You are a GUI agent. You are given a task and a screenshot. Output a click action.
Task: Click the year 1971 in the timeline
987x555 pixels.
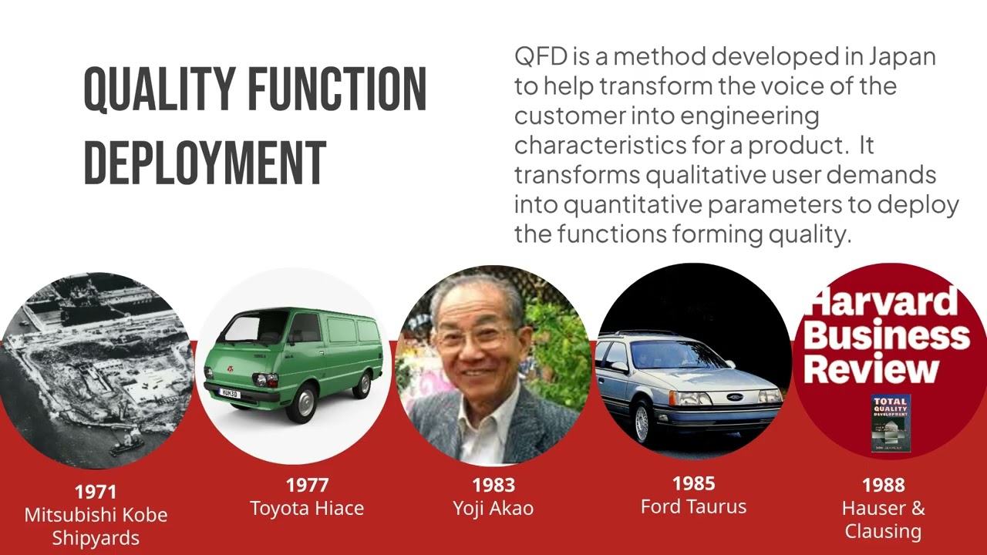96,492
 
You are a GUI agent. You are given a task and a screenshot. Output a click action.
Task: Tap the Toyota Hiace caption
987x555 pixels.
307,509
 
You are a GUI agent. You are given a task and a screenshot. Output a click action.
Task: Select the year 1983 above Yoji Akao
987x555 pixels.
493,485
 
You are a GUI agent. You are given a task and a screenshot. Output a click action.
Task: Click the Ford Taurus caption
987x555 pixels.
693,506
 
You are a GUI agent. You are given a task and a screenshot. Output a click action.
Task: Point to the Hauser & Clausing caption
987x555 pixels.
883,520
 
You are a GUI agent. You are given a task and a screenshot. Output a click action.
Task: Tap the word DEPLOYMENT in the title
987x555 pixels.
204,163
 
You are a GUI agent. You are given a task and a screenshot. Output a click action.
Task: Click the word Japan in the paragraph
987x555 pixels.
901,57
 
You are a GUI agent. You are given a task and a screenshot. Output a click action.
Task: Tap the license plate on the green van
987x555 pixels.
230,394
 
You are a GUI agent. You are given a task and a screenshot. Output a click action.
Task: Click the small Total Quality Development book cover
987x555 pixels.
891,423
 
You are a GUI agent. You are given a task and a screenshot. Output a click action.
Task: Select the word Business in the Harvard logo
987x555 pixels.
887,336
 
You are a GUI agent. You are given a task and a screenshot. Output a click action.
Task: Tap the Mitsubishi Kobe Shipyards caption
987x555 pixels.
96,526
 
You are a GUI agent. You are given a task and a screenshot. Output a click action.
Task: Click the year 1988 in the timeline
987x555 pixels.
883,485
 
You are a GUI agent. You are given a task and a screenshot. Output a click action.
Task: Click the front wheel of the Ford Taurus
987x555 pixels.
642,422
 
